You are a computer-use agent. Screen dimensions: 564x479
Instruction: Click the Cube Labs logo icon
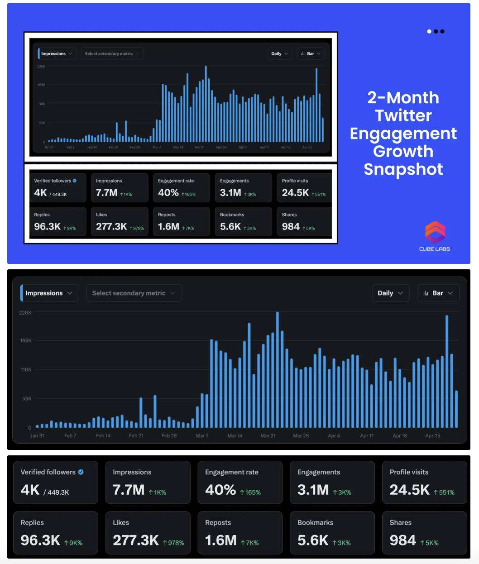(x=435, y=232)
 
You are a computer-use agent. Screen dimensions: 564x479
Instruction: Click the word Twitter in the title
(x=403, y=115)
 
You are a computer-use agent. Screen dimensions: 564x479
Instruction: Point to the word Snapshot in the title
(x=403, y=169)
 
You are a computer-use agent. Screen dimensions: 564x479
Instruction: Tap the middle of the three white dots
(x=436, y=31)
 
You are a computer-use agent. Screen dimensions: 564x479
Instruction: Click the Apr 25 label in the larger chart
(x=432, y=436)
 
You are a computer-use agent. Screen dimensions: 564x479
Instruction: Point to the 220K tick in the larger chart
(x=25, y=313)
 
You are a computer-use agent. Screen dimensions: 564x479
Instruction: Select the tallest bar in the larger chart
(x=277, y=369)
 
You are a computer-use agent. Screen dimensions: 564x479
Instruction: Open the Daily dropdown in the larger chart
(x=390, y=293)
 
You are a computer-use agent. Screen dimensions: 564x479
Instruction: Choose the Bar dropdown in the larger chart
(x=438, y=293)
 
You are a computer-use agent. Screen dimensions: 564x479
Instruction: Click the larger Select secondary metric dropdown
(x=134, y=293)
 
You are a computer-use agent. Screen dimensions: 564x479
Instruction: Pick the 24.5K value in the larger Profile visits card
(x=409, y=490)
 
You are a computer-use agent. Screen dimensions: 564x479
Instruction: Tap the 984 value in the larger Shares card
(x=402, y=540)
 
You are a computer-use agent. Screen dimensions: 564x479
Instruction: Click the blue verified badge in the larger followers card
(x=81, y=472)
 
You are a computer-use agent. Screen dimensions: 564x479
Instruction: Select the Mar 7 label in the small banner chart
(x=157, y=148)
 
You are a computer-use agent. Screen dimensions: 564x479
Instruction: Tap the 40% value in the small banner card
(x=168, y=193)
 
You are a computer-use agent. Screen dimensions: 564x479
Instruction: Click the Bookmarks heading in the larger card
(x=315, y=522)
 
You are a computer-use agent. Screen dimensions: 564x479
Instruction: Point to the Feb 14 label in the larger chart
(x=103, y=436)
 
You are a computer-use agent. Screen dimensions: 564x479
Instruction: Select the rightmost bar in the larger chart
(x=456, y=409)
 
